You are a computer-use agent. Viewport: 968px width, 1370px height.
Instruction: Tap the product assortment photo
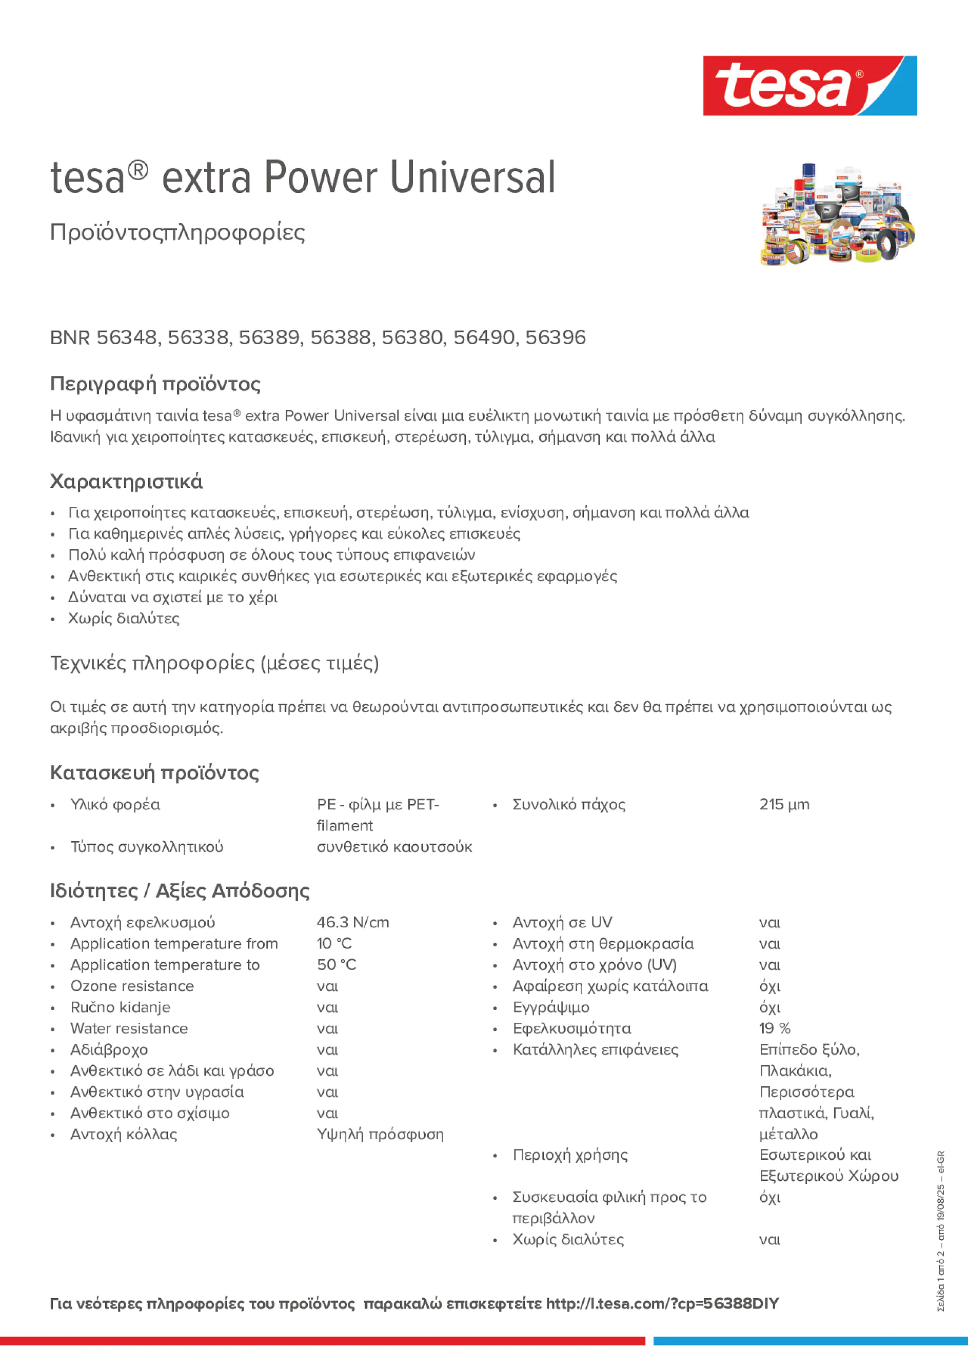coord(837,214)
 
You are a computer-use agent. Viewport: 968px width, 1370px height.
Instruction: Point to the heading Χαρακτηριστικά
coord(126,482)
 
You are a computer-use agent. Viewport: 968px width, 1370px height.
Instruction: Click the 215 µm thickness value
coord(784,804)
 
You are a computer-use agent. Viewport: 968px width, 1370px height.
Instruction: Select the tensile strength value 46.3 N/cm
coord(353,923)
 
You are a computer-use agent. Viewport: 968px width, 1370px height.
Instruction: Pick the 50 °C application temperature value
coord(336,965)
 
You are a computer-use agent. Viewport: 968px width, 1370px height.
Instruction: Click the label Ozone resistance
coord(132,986)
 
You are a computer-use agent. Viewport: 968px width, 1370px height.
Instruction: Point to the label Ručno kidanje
coord(120,1007)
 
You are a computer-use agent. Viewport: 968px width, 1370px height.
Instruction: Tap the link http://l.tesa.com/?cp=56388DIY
coord(662,1304)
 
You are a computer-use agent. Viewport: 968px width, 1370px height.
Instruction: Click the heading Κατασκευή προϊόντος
coord(154,773)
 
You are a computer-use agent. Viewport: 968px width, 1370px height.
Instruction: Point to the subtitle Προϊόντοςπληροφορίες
coord(177,232)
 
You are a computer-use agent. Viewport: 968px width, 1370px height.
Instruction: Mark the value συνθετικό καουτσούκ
coord(394,847)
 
